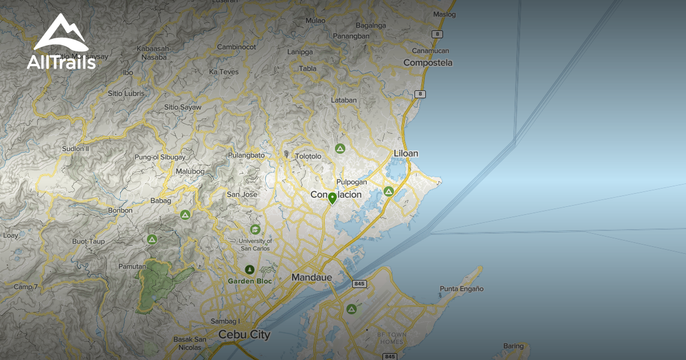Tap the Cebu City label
point(244,335)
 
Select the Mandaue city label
point(312,278)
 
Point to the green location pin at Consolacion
point(332,198)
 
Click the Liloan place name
point(406,153)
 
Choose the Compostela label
point(428,63)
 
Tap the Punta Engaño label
point(462,289)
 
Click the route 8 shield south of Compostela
point(420,94)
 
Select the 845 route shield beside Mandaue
point(359,284)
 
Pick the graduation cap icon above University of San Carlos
point(255,230)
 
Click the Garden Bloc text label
point(250,281)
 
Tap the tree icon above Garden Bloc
point(249,269)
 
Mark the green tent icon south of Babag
point(185,215)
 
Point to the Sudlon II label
point(76,149)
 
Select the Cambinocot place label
point(236,47)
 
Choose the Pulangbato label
point(246,155)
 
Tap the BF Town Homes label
point(392,338)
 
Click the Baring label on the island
point(513,346)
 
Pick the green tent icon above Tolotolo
point(340,149)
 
